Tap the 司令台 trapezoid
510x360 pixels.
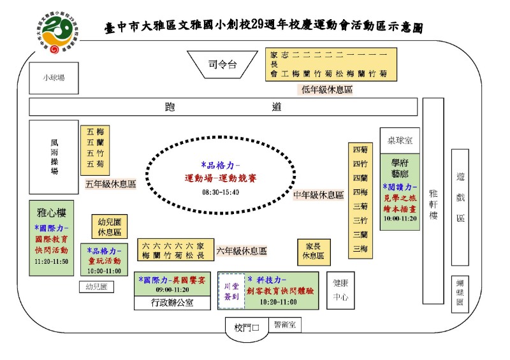tap(222, 64)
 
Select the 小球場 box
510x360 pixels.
tap(54, 78)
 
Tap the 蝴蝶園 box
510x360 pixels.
tap(460, 294)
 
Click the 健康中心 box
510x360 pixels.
tap(340, 291)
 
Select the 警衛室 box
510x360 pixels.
tap(284, 325)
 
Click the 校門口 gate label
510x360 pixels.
tap(247, 328)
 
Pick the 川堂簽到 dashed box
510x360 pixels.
tap(231, 291)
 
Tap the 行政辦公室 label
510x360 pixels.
tap(172, 303)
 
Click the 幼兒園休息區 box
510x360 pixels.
tap(110, 226)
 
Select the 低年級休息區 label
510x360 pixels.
tap(327, 90)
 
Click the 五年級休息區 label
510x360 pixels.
tap(111, 184)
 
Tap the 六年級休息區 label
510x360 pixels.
tap(241, 251)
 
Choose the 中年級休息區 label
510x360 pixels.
tap(318, 194)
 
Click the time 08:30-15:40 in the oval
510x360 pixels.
tap(221, 192)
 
